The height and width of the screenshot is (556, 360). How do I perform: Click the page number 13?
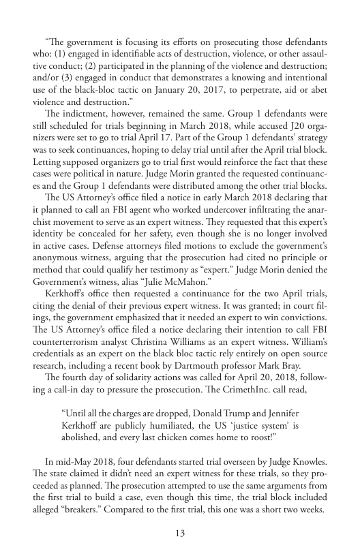coord(180,533)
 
